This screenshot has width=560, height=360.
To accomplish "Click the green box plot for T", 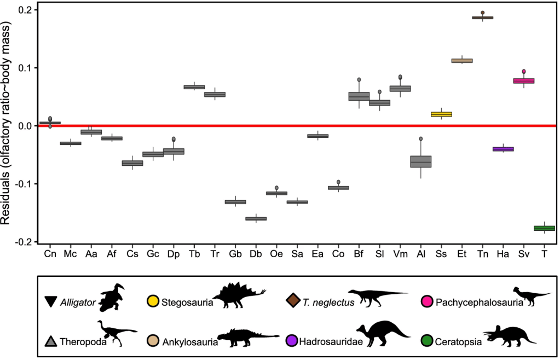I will pos(544,228).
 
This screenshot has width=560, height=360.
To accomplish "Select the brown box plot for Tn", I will pos(482,18).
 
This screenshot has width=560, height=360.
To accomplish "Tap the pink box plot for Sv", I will pos(523,81).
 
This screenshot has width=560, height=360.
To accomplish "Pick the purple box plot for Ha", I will pos(503,149).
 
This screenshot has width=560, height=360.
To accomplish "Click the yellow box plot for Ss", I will pos(441,114).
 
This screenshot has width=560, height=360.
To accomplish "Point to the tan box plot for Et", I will pos(462,61).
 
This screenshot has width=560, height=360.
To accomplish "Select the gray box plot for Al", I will pos(421,161).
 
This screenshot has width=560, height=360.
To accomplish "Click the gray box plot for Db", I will pos(256,219).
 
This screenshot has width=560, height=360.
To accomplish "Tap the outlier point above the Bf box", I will pos(359,80).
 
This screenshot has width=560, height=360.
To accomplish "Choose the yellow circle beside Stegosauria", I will pos(153,301).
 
